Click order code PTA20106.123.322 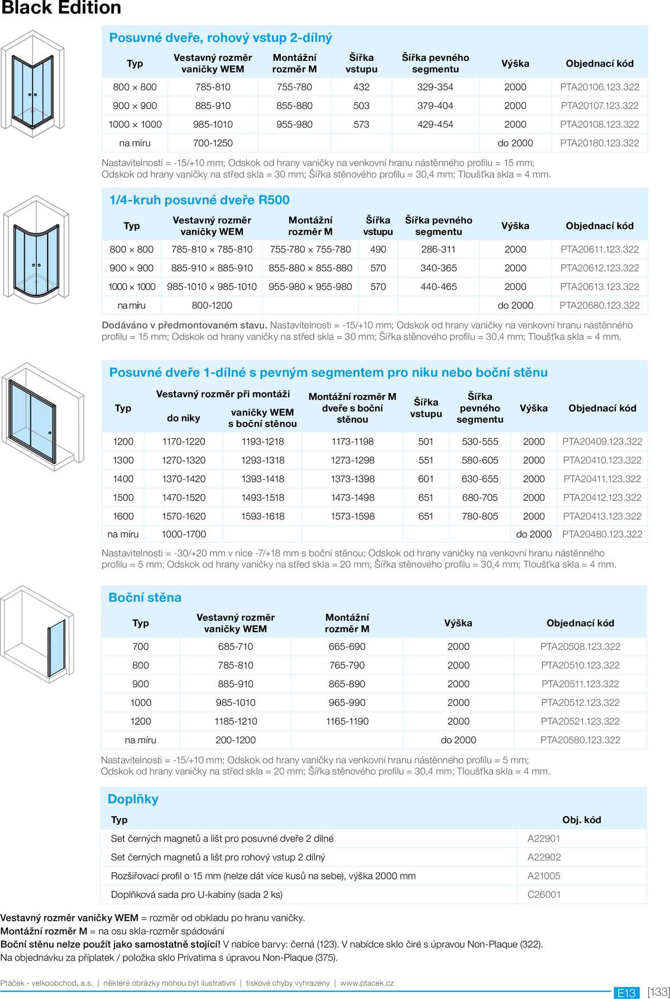599,87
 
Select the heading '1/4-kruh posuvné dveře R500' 199,200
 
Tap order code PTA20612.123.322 599,268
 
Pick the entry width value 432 361,87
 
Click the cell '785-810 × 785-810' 212,250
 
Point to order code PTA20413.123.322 602,517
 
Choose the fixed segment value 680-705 480,498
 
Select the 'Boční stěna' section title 145,598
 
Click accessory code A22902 544,857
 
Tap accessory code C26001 544,895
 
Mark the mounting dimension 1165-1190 347,721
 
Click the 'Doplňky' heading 133,799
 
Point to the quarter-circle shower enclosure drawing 36,248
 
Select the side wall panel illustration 37,634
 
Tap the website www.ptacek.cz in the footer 367,983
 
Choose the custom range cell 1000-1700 184,534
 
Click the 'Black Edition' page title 61,8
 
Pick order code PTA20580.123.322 580,740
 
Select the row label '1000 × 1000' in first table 135,125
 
